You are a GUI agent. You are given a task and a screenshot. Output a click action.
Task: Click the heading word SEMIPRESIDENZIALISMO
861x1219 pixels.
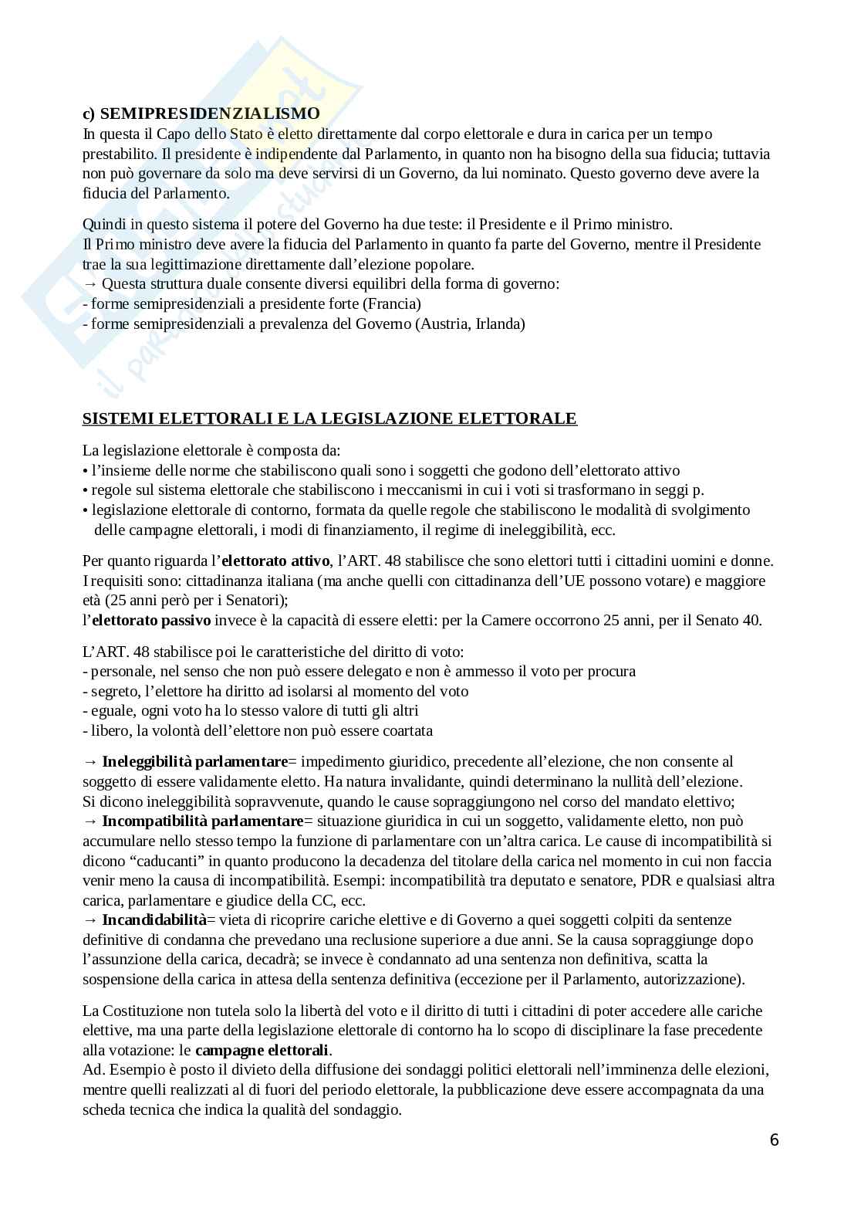[210, 113]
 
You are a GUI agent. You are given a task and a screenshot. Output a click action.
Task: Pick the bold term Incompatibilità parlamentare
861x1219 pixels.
[203, 821]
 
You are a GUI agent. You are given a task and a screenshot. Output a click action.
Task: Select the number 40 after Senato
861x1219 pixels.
[753, 620]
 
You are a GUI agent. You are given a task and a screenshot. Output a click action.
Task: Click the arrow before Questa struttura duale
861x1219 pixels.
[90, 283]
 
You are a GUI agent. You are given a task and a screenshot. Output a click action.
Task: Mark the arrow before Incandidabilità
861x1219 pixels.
[90, 919]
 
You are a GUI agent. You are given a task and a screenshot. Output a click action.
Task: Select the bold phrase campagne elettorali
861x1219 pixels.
[262, 1050]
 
